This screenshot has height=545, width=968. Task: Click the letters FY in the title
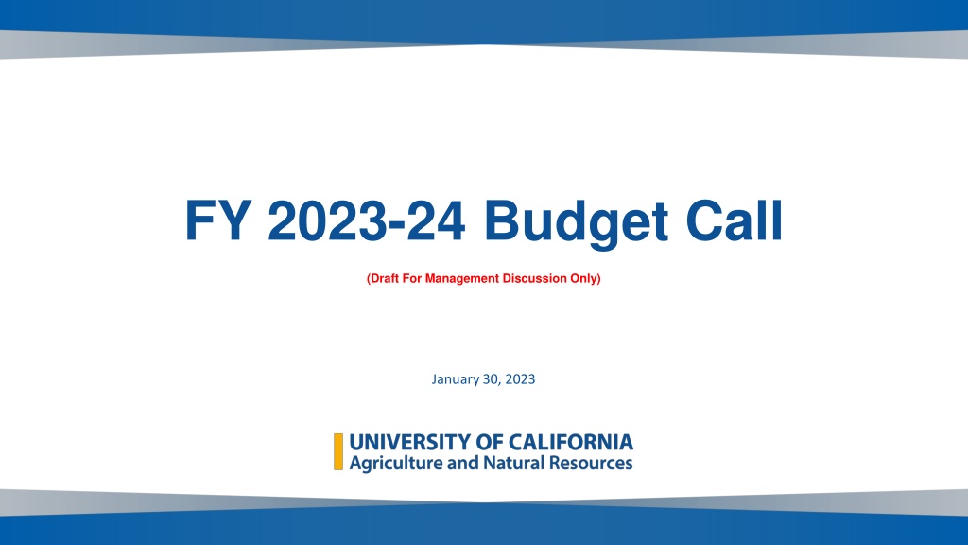point(218,220)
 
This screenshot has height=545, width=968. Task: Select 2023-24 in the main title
point(366,220)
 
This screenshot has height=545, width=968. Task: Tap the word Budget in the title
point(576,223)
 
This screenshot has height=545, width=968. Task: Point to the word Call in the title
point(734,220)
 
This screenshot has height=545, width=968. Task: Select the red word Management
point(461,279)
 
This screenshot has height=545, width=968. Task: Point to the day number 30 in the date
point(491,378)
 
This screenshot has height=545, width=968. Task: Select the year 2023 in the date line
point(520,378)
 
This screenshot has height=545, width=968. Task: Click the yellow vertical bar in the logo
point(338,451)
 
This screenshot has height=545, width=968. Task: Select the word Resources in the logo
point(591,463)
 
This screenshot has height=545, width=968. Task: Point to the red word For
point(412,279)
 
